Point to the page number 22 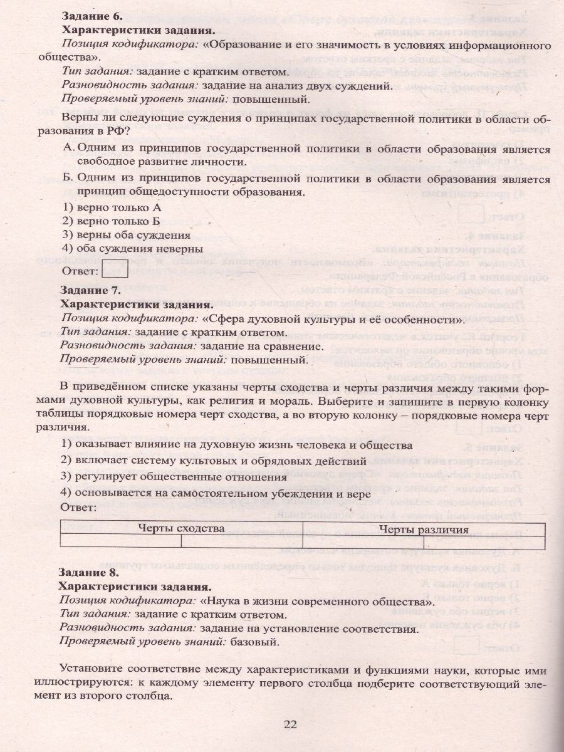tap(290, 724)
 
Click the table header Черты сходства tap(182, 528)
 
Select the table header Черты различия tap(424, 529)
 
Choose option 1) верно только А tap(112, 207)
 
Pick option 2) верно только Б tap(112, 221)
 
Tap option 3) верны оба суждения tap(127, 235)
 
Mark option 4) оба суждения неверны tap(133, 249)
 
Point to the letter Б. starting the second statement tap(70, 179)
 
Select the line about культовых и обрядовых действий tap(214, 461)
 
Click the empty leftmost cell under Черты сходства tap(120, 541)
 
